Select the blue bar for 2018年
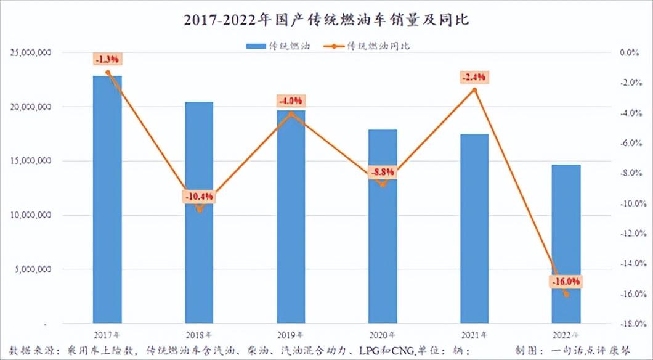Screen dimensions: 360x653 [199, 213]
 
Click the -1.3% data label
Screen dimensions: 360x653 [108, 59]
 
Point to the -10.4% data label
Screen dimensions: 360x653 [198, 197]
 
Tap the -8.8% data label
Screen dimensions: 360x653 [383, 173]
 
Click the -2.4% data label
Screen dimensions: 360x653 [474, 77]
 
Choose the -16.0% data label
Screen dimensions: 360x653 [566, 282]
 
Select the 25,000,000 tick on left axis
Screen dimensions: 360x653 [31, 53]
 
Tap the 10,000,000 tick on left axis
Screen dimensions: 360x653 [31, 215]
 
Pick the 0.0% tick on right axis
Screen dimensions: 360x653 [635, 53]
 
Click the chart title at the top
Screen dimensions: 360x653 [326, 20]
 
